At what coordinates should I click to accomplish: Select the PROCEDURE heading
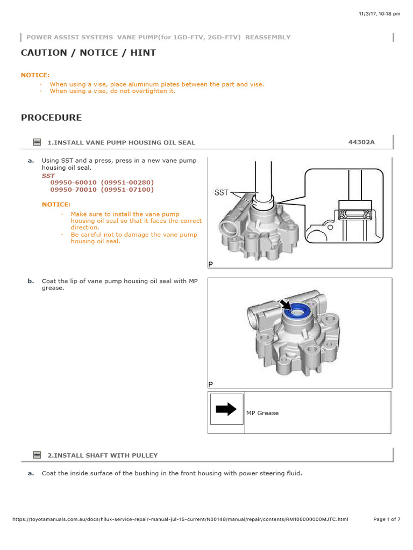(x=51, y=118)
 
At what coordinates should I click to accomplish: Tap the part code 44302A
(x=361, y=142)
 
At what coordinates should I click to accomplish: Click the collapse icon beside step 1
(x=37, y=142)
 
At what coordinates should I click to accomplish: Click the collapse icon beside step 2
(x=37, y=455)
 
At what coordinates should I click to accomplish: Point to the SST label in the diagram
(x=222, y=192)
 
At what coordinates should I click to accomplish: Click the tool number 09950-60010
(x=74, y=183)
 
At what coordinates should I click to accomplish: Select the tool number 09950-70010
(x=74, y=190)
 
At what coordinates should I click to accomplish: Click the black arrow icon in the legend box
(x=226, y=409)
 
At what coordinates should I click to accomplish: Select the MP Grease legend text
(x=262, y=413)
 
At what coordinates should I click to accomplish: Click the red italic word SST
(x=48, y=176)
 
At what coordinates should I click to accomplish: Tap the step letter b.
(x=31, y=281)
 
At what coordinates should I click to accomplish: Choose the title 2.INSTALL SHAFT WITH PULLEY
(x=102, y=455)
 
